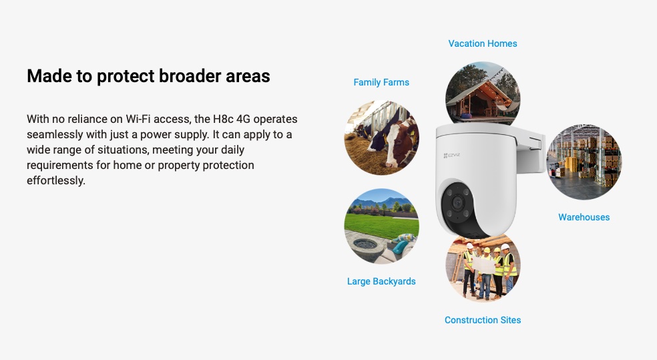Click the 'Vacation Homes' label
pos(483,43)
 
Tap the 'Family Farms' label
pos(381,83)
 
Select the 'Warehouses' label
pos(584,217)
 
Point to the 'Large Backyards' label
pos(381,281)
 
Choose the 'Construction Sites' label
pos(483,320)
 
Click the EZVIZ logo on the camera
pos(451,156)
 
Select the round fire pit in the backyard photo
pos(365,244)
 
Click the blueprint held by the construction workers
pos(484,265)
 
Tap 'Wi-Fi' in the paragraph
pos(138,119)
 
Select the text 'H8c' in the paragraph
pos(223,119)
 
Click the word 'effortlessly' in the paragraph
pos(55,180)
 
